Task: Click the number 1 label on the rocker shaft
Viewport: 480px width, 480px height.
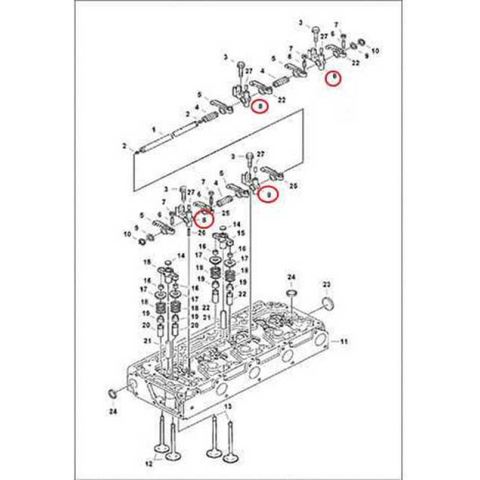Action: coord(153,130)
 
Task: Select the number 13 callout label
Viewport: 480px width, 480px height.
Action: coord(227,408)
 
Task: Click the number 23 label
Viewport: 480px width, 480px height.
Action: coord(327,283)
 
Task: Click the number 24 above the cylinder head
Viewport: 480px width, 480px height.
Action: coord(291,277)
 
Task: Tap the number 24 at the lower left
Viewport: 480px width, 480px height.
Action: coord(113,412)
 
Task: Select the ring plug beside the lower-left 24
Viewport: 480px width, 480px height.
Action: coord(112,394)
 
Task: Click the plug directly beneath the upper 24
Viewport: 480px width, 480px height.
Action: coord(292,292)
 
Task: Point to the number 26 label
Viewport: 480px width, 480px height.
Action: coord(202,232)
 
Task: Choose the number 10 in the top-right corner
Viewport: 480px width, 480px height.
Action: coord(376,52)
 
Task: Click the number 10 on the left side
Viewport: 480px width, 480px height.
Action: coord(126,233)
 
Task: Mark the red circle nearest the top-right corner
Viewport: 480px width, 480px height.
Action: coord(334,78)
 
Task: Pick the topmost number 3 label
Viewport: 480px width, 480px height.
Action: coord(301,22)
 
